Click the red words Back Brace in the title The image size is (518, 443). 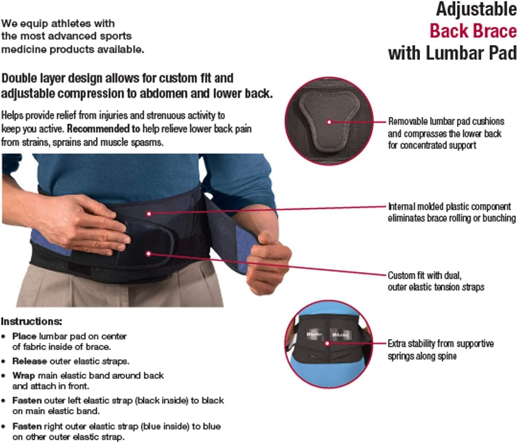472,31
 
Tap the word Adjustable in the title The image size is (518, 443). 476,9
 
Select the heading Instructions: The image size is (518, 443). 31,321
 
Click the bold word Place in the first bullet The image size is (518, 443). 24,336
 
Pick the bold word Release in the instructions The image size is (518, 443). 29,361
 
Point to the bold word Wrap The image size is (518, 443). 23,376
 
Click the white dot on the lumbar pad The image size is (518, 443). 329,122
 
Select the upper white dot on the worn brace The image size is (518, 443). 149,213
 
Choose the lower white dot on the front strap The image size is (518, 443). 148,254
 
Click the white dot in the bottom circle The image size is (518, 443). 327,343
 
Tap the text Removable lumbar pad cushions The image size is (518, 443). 446,122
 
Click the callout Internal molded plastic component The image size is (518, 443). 449,207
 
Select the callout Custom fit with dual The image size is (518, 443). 424,275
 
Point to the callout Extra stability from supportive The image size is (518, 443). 440,344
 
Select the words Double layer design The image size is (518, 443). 52,79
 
